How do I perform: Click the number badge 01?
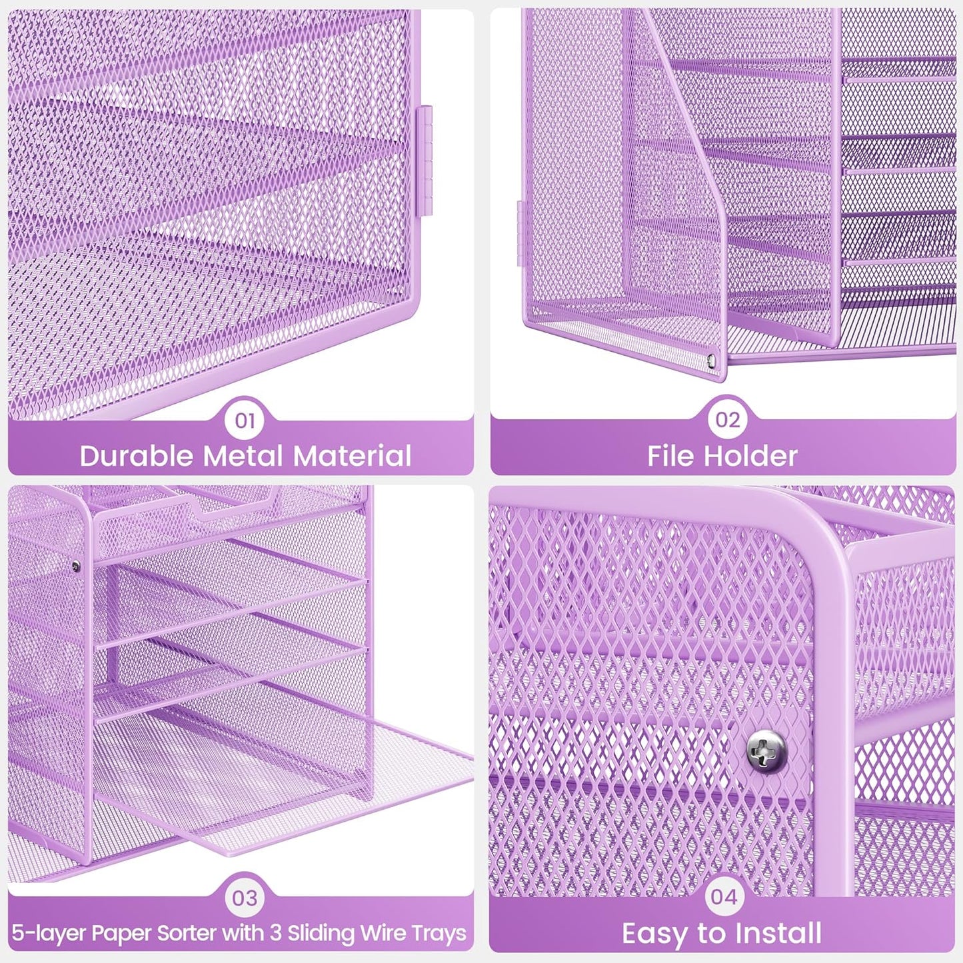coord(245,420)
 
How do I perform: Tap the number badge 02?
coord(727,420)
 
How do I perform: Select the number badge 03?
coord(245,898)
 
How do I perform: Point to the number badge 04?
coord(724,897)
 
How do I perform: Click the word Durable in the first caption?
coord(137,457)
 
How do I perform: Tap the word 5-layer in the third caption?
coord(48,933)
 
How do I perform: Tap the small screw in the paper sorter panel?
coord(76,567)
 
